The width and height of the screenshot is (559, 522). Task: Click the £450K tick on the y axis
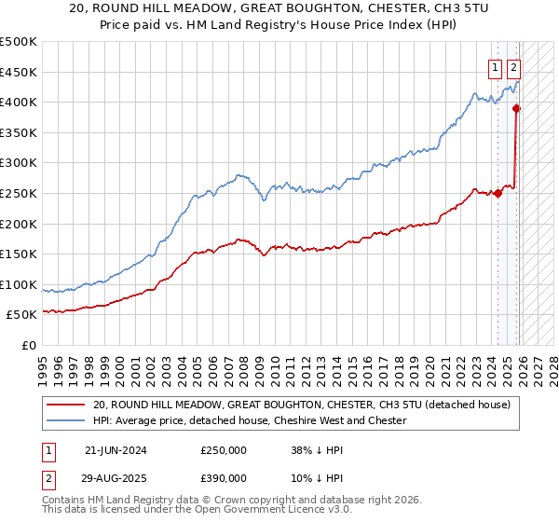click(x=19, y=72)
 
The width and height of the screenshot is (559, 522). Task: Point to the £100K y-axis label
click(x=19, y=284)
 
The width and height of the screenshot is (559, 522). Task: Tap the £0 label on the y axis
click(x=28, y=345)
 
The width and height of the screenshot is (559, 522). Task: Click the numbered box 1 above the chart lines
click(x=494, y=67)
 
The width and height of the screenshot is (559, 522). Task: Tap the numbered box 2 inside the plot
click(x=514, y=67)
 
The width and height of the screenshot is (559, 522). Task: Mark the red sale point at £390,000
click(x=517, y=108)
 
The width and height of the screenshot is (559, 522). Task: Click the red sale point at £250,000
click(x=498, y=193)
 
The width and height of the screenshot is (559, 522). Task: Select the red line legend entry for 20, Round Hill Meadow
click(x=302, y=405)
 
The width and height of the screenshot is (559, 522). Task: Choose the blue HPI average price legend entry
click(x=250, y=420)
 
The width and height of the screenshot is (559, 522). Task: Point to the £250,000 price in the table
click(x=223, y=449)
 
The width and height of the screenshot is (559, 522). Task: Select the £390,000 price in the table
click(x=223, y=477)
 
